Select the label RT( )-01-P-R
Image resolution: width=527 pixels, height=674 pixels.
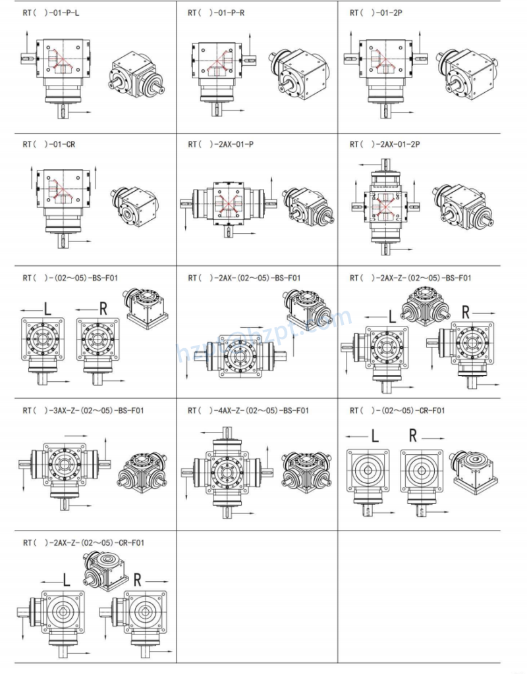215,13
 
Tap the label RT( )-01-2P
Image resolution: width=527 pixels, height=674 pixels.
375,13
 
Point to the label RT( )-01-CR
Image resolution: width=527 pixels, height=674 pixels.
48,144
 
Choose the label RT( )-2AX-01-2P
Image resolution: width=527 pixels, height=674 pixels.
385,144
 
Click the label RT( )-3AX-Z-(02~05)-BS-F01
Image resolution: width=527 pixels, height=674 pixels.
83,411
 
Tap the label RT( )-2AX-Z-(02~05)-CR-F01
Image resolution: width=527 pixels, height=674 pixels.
83,542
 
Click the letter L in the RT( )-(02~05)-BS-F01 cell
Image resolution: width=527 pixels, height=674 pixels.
47,307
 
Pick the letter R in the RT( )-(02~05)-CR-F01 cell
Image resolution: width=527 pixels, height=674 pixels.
413,435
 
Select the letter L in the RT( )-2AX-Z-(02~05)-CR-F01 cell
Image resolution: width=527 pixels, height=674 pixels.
66,580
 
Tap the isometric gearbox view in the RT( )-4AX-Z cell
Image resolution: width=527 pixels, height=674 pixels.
302,472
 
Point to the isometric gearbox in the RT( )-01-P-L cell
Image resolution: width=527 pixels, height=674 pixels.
134,74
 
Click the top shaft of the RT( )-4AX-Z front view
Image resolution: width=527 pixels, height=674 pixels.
228,434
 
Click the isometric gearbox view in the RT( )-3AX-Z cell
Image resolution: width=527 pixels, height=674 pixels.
140,472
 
